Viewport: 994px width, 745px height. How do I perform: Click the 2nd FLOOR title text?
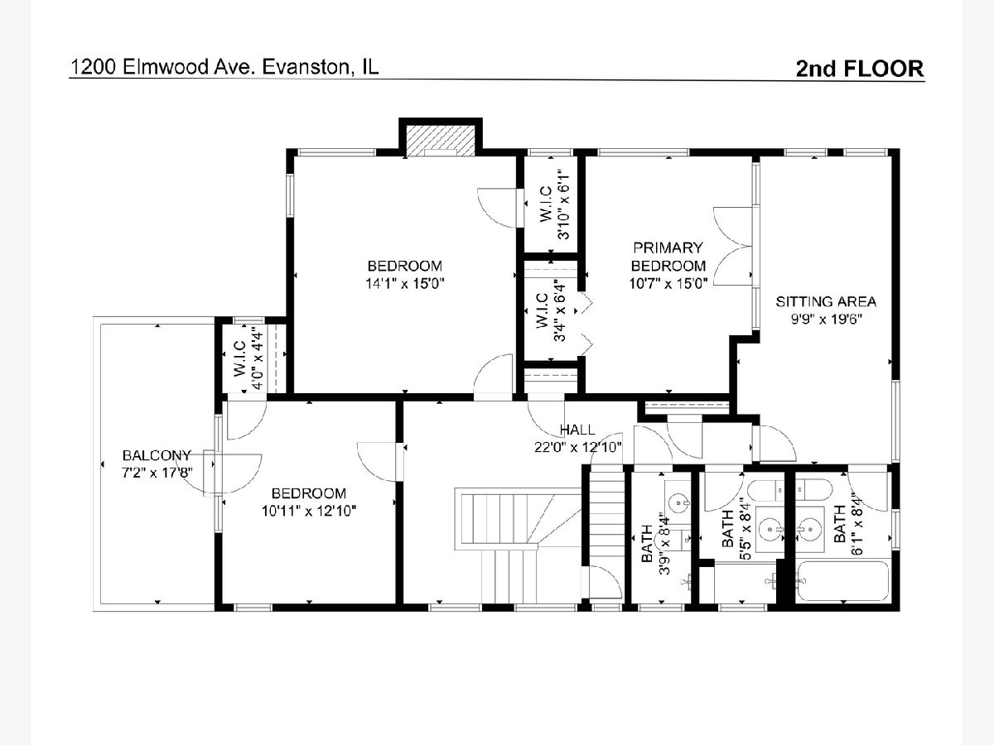[860, 69]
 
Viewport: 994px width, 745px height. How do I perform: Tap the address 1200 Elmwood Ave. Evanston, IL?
[224, 67]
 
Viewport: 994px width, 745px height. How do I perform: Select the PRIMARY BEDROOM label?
[668, 257]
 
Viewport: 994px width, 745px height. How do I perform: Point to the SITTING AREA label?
[826, 301]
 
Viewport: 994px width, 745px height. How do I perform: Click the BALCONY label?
[157, 455]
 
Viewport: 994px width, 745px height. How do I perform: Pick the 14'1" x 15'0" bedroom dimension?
[405, 284]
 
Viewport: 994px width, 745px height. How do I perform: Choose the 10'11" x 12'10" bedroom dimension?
[309, 511]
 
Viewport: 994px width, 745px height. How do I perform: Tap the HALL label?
[577, 430]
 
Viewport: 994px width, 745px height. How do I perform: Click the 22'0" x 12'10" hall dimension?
[578, 447]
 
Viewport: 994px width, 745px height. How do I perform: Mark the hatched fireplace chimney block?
[440, 141]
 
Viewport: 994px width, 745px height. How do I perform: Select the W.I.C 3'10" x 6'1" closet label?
[554, 204]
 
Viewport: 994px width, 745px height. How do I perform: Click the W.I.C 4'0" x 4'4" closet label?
[248, 358]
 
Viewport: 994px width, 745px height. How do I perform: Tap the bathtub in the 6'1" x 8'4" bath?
[842, 581]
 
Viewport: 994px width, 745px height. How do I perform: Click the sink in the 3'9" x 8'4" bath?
[678, 502]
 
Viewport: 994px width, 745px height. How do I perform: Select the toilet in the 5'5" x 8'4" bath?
[765, 490]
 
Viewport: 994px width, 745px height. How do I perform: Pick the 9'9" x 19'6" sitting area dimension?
[827, 320]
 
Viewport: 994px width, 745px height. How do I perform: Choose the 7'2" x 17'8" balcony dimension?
[157, 473]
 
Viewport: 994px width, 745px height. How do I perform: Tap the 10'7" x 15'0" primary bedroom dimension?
[668, 284]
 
